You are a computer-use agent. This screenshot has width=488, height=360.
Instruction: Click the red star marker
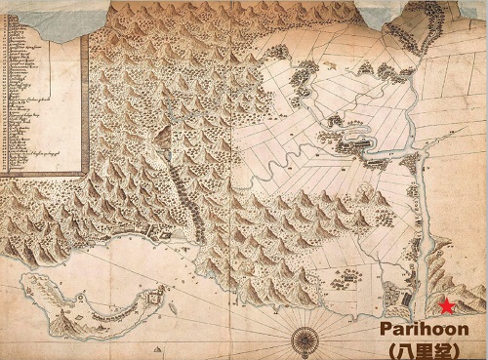click(x=446, y=305)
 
